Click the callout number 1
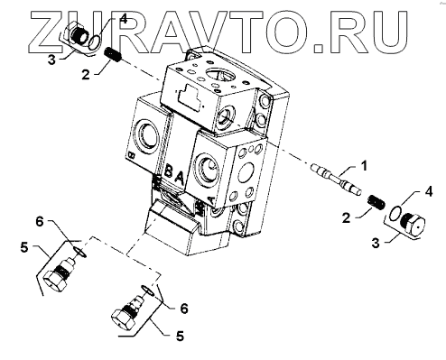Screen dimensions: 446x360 [364, 166]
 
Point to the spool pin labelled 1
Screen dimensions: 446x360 [336, 180]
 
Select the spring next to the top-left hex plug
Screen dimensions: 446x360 [113, 55]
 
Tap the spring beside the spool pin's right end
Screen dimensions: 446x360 [376, 202]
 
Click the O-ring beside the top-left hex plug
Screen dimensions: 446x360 [95, 42]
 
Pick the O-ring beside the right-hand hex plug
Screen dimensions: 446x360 [395, 213]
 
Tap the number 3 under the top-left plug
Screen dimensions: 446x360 [51, 60]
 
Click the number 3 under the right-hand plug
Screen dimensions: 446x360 [376, 243]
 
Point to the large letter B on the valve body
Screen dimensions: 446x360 [169, 172]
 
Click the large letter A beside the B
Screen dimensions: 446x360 [179, 179]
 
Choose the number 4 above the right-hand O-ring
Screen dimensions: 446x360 [429, 191]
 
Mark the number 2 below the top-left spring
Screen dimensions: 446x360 [86, 74]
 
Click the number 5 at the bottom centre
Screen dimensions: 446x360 [180, 336]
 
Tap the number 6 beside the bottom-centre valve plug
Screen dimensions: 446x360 [184, 309]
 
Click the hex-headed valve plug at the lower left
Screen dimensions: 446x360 [60, 274]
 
